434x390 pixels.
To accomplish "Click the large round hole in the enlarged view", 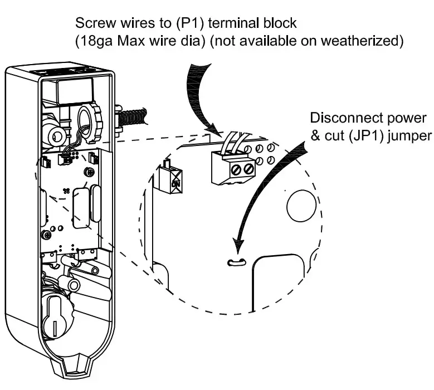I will point(301,206).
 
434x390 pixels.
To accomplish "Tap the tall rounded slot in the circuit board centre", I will point(81,206).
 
